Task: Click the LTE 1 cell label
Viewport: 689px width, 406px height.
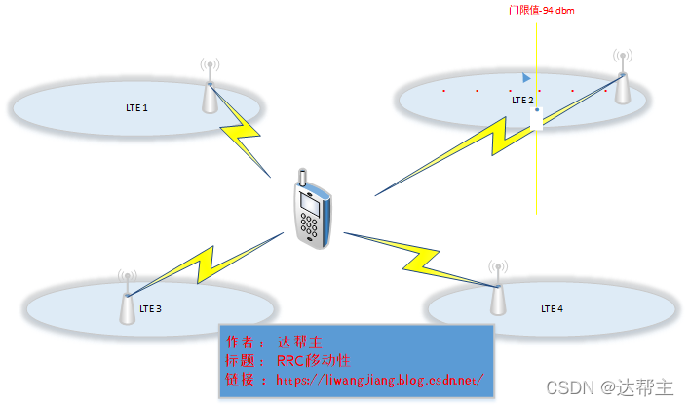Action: click(138, 107)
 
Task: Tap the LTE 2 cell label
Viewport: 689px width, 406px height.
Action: click(522, 100)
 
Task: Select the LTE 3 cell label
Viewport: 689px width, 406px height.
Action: click(150, 308)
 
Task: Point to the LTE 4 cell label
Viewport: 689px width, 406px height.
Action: click(552, 308)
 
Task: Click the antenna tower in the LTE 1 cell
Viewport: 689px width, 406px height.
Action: click(210, 90)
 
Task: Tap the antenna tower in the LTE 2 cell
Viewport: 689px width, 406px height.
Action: click(621, 79)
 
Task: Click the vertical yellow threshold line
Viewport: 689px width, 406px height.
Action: click(537, 176)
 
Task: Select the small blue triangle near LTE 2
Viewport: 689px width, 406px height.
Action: click(526, 77)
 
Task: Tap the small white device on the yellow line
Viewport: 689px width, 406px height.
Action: click(537, 118)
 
